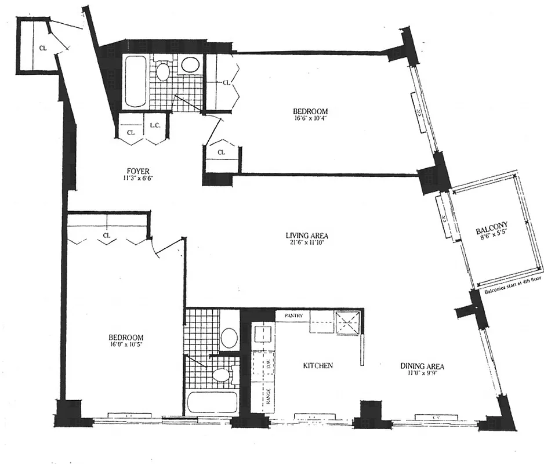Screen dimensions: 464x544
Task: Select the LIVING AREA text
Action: (307, 235)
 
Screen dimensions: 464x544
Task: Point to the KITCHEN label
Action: (318, 366)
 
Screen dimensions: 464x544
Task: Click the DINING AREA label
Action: (422, 366)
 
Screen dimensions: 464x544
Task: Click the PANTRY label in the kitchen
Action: (293, 316)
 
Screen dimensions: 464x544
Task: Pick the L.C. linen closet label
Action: (155, 126)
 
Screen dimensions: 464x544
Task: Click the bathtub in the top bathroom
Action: (136, 81)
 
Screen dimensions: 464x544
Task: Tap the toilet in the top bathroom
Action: (164, 72)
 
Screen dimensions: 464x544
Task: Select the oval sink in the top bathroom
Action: (189, 65)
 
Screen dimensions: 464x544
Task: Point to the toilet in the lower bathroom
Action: (220, 375)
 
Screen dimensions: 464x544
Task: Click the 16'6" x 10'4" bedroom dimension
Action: (310, 119)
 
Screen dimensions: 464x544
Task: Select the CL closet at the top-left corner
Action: (43, 48)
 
